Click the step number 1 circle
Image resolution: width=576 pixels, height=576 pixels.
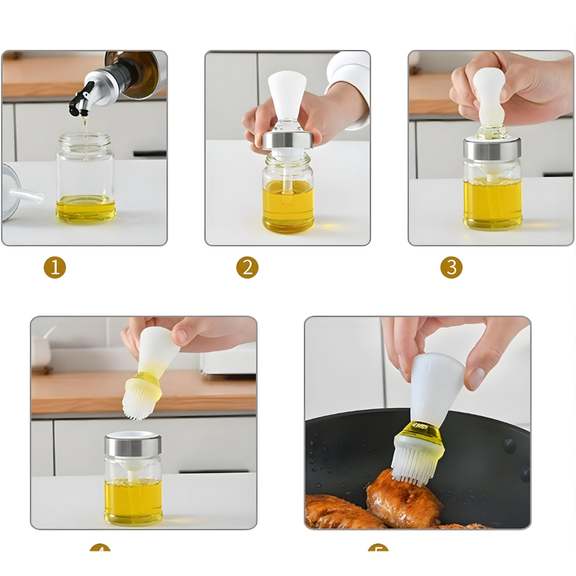tap(55, 267)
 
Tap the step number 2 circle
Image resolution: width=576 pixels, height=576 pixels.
tap(247, 267)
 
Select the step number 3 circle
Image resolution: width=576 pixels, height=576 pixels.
tap(451, 267)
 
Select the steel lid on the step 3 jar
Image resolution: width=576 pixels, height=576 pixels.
tap(492, 149)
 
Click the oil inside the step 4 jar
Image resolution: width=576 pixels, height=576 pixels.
tap(133, 501)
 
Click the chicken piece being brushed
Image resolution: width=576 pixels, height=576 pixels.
tap(402, 501)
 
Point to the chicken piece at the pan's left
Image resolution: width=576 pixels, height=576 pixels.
tap(337, 512)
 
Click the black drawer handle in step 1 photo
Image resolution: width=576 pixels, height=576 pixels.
tap(149, 154)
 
